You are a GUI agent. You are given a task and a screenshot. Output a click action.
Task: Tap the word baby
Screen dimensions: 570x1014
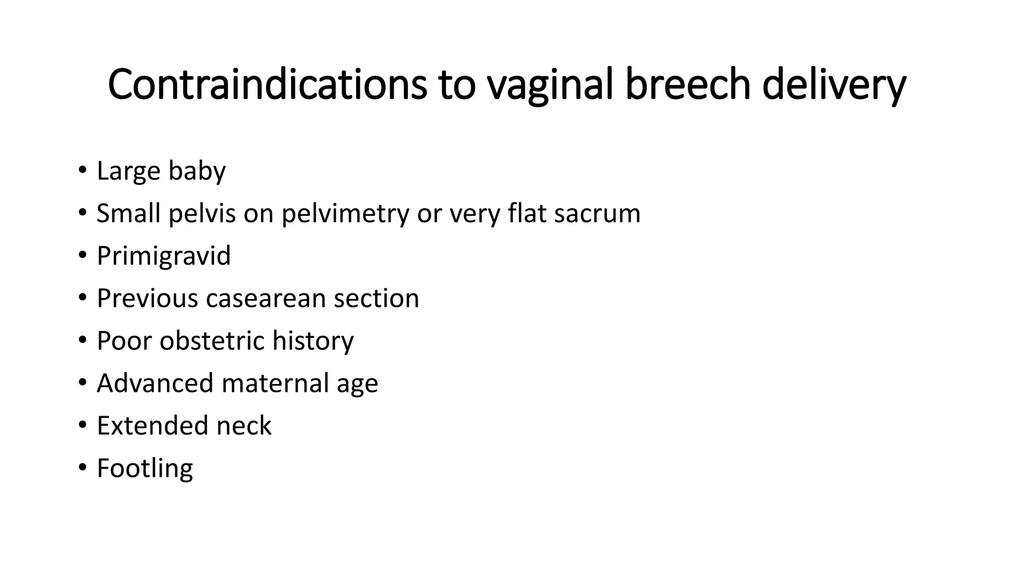197,172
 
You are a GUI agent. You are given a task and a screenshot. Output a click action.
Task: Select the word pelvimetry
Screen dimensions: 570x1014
345,214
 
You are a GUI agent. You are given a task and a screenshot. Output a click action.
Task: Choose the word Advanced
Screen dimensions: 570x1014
155,383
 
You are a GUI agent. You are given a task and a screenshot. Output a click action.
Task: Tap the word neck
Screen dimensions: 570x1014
244,426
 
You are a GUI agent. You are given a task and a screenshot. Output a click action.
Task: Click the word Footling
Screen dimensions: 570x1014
145,469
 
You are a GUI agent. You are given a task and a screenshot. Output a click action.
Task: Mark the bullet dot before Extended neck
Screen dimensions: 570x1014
82,425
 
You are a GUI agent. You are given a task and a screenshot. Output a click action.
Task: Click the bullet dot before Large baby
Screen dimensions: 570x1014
82,170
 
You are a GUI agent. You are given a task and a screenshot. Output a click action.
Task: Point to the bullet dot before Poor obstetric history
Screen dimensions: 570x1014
82,340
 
